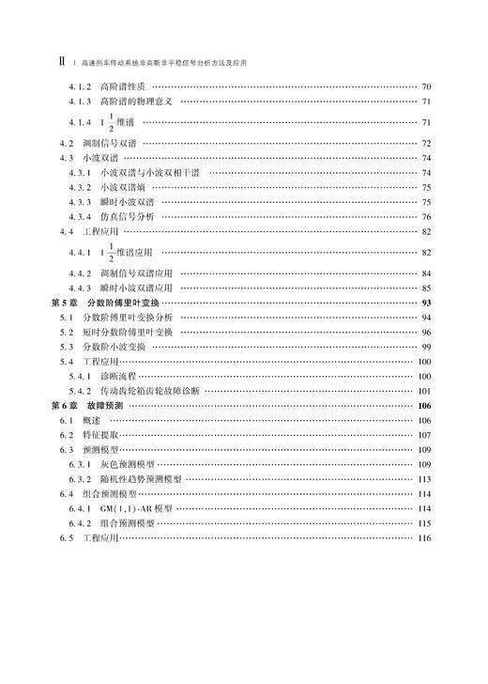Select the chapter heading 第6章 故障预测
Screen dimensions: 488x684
tap(89, 405)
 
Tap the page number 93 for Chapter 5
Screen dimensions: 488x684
tap(425, 303)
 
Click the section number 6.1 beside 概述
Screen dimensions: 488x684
tap(65, 420)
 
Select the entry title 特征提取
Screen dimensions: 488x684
tap(99, 435)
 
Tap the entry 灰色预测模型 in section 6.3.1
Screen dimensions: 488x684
tap(129, 464)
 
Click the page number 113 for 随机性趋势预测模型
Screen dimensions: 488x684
tap(423, 478)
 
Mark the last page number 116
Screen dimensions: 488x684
tap(423, 537)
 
